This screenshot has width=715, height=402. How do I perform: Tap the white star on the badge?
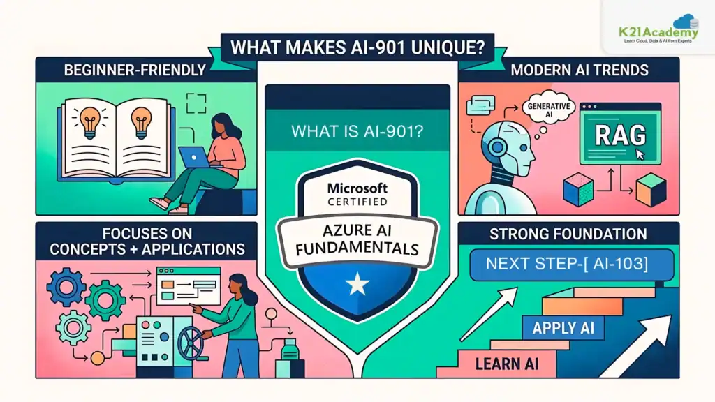(357, 284)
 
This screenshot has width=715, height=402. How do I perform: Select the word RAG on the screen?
(620, 135)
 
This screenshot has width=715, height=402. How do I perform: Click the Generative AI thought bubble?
(549, 110)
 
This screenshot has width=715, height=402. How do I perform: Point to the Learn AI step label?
(507, 364)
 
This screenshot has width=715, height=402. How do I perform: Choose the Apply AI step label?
(563, 328)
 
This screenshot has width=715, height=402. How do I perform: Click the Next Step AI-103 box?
(572, 265)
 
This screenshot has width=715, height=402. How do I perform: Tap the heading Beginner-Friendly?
(135, 70)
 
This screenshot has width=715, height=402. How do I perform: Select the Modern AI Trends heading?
(579, 70)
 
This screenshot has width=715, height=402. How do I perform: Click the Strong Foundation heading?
(568, 234)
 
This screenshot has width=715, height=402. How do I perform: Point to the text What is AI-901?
(357, 131)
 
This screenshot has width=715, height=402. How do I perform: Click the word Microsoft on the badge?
(357, 188)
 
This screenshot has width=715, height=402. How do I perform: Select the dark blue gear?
(66, 287)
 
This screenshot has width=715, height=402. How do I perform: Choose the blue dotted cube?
(578, 190)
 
